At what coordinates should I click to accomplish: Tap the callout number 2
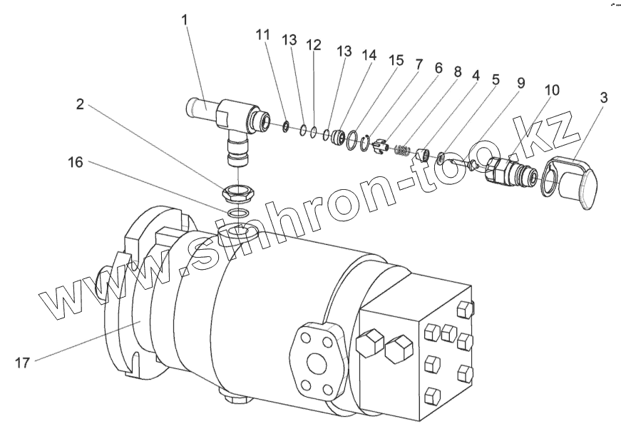point(80,104)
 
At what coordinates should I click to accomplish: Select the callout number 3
point(603,99)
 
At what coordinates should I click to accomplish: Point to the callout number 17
point(22,363)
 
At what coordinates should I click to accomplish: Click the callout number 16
point(76,163)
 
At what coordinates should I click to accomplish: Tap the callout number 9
point(520,84)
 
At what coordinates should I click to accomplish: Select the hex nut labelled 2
point(236,192)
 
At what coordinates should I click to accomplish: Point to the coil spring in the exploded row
point(404,151)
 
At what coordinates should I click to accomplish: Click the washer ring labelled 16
point(237,214)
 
